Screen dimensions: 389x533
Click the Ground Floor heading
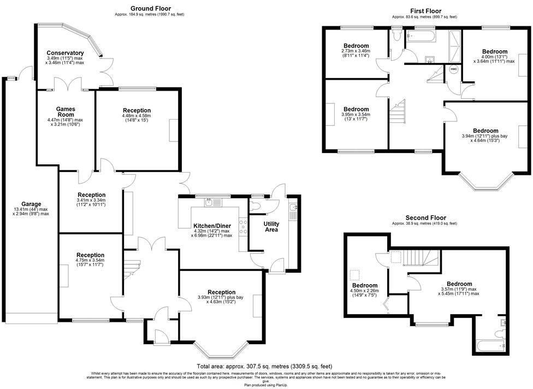150,8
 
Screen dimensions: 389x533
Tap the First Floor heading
425,11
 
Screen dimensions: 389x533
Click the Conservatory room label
65,53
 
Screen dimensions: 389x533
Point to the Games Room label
65,111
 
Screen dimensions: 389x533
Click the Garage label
31,204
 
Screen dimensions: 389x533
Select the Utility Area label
271,226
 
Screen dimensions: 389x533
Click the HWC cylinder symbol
453,69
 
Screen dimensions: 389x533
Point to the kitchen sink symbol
211,203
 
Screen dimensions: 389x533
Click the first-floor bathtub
421,37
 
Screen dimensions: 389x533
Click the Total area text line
264,366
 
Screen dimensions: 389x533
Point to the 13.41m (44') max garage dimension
31,209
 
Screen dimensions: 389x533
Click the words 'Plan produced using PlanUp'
266,385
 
